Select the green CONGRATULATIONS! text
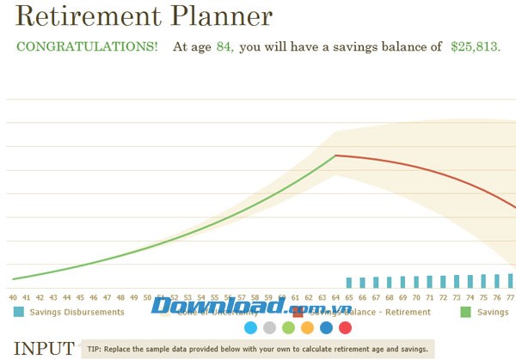tap(87, 46)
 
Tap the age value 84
tap(222, 46)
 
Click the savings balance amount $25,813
tap(474, 46)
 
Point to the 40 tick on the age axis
tap(13, 296)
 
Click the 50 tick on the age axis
tap(147, 296)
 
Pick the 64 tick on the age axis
tap(335, 296)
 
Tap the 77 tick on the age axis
tap(509, 296)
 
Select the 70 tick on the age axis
tap(415, 296)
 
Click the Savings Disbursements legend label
tap(77, 312)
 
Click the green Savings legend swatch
tap(466, 312)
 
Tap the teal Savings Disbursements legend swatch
tap(18, 312)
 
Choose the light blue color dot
tap(250, 327)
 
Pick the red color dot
tap(345, 327)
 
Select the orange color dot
tap(307, 327)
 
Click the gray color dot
tap(269, 327)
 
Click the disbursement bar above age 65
tap(348, 282)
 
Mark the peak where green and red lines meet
tap(335, 156)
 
